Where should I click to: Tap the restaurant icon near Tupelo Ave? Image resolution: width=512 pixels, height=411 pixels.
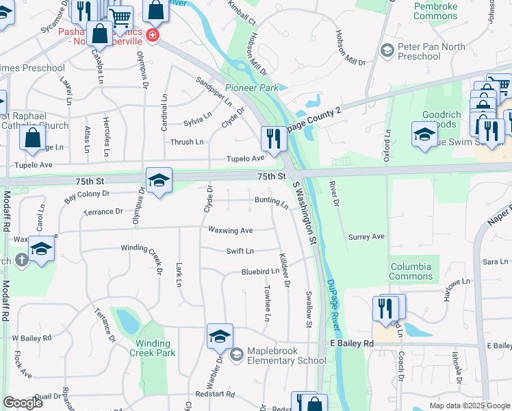273,139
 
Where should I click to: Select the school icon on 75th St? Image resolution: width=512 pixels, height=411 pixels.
159,181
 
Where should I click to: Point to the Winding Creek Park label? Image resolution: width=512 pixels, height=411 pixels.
152,349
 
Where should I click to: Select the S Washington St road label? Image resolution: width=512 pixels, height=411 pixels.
305,213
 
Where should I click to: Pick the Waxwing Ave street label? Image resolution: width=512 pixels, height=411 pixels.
231,230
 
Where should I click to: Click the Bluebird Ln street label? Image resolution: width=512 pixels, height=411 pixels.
260,272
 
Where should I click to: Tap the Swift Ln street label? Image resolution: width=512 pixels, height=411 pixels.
240,251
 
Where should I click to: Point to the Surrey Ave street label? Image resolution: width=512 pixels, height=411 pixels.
367,237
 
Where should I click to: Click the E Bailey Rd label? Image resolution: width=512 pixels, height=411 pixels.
352,342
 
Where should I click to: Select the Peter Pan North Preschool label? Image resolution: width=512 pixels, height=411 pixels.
431,51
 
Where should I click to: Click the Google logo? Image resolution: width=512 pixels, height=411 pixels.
23,403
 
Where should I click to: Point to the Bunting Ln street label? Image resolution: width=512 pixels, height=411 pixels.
271,201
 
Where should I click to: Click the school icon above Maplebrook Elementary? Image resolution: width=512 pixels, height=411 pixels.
220,336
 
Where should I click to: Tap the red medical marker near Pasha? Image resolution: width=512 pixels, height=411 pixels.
152,36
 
